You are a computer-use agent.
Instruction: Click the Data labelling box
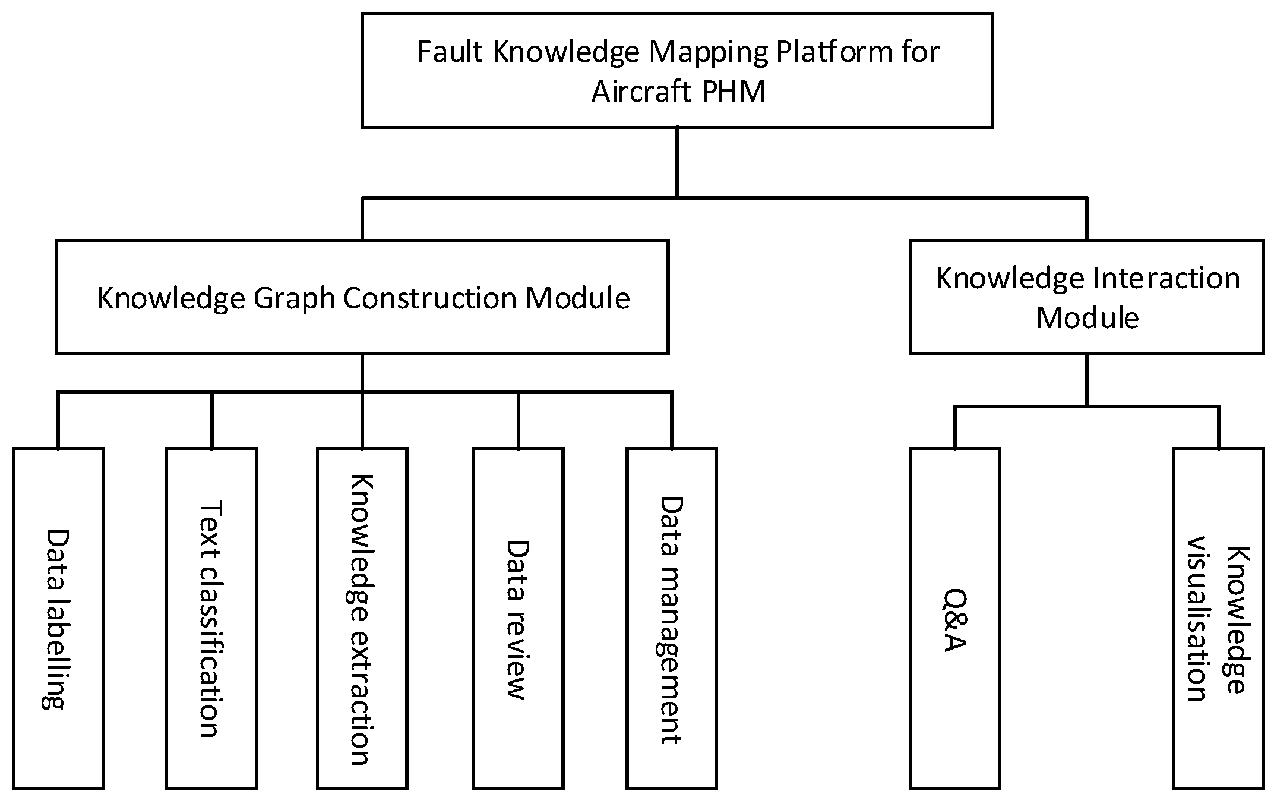coord(58,618)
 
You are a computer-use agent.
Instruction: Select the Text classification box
coord(211,618)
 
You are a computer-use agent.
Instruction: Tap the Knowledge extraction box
coord(362,618)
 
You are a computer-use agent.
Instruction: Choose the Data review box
coord(518,618)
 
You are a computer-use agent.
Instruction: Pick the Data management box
coord(671,618)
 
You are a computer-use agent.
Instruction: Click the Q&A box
coord(955,618)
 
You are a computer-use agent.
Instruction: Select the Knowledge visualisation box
coord(1218,618)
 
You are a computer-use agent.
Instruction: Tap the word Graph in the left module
coord(295,298)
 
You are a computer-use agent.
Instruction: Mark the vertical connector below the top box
coord(677,162)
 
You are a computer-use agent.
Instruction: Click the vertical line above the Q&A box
coord(955,427)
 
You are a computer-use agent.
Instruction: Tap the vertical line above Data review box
coord(518,420)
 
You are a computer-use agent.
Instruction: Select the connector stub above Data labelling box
coord(58,420)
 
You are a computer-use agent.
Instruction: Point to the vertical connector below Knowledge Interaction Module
coord(1087,380)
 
